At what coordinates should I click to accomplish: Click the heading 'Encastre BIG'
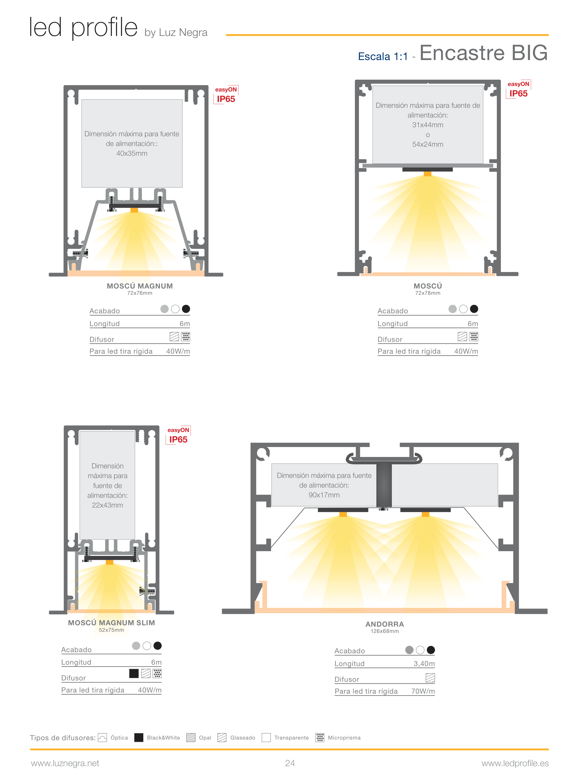[x=483, y=53]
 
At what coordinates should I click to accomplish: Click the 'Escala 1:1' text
[x=383, y=57]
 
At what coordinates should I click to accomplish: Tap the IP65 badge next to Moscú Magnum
[x=226, y=99]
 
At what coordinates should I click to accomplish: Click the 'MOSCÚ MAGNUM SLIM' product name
[x=111, y=623]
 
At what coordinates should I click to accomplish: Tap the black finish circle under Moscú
[x=474, y=309]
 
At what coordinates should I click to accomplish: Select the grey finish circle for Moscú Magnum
[x=164, y=309]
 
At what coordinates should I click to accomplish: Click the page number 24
[x=290, y=763]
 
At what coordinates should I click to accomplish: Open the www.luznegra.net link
[x=65, y=763]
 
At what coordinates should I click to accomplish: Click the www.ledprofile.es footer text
[x=515, y=763]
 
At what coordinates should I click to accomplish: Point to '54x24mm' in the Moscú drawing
[x=428, y=144]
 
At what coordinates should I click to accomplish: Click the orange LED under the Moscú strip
[x=428, y=174]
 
